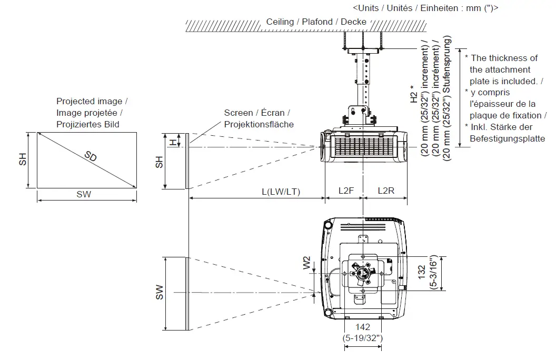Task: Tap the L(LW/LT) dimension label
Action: click(x=281, y=191)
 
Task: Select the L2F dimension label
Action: click(x=346, y=191)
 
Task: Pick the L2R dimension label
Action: click(x=385, y=191)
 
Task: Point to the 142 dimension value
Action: click(x=362, y=327)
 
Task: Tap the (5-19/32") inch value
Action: click(x=362, y=337)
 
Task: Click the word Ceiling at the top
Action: click(x=280, y=22)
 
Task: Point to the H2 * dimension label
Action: click(x=413, y=93)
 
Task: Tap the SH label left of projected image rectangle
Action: click(x=23, y=160)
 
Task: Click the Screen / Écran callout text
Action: click(x=257, y=113)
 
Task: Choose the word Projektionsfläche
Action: click(x=259, y=124)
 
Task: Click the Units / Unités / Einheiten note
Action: click(x=425, y=8)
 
